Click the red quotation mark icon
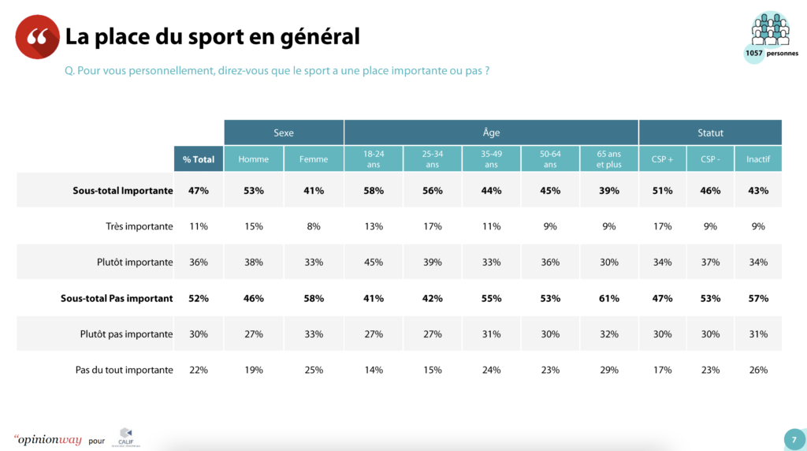(37, 37)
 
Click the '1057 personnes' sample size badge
(769, 38)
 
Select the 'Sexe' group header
(284, 132)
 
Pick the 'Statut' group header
(710, 132)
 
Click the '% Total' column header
(199, 159)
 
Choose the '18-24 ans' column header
(374, 159)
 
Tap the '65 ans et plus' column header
(608, 159)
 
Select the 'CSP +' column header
(662, 159)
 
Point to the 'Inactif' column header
(758, 159)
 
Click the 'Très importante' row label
(139, 226)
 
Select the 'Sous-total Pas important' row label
(117, 299)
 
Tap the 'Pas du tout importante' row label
(123, 370)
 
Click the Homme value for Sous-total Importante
(254, 191)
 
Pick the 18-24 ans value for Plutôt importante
(374, 263)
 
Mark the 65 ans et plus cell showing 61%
(608, 299)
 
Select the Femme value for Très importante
(314, 226)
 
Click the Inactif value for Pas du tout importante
(758, 370)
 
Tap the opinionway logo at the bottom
(48, 439)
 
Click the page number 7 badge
(793, 439)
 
